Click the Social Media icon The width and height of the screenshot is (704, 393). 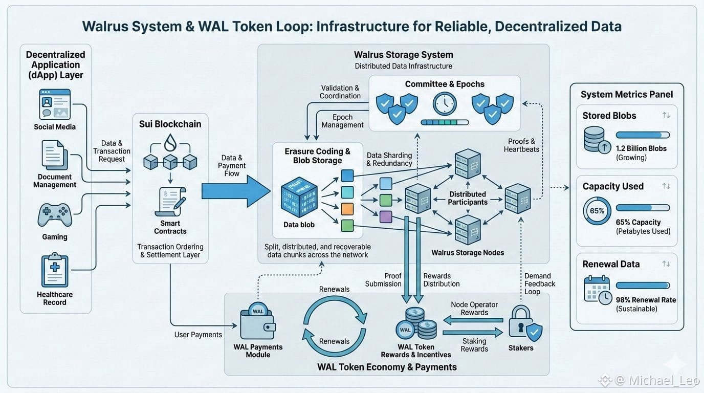(54, 105)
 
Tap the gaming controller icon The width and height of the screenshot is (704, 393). (54, 215)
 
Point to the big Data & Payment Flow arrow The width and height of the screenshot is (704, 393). (235, 191)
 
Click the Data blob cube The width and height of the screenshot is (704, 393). (299, 197)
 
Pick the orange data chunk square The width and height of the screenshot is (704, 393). (347, 209)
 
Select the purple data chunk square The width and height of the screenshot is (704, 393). (386, 216)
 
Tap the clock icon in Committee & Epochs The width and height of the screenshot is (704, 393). (445, 104)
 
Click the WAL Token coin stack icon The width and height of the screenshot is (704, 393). (417, 323)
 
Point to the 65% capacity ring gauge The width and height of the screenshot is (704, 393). (597, 211)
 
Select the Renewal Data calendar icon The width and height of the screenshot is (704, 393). (597, 290)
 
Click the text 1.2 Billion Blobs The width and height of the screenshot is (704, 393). (641, 148)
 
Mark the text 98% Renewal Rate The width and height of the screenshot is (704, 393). (646, 300)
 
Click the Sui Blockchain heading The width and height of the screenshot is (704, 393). (170, 124)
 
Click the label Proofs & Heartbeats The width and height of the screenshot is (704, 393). (521, 145)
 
